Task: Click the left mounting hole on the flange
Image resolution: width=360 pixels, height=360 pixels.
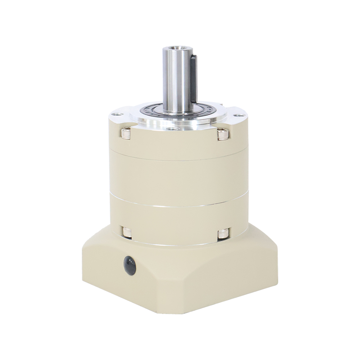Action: pyautogui.click(x=118, y=115)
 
